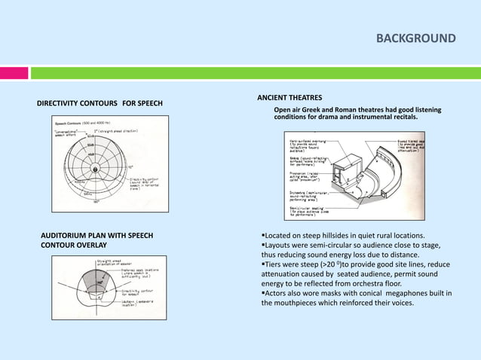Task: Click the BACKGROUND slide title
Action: coord(416,38)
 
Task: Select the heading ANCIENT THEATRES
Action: coord(290,98)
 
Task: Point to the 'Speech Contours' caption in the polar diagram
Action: coord(71,121)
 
